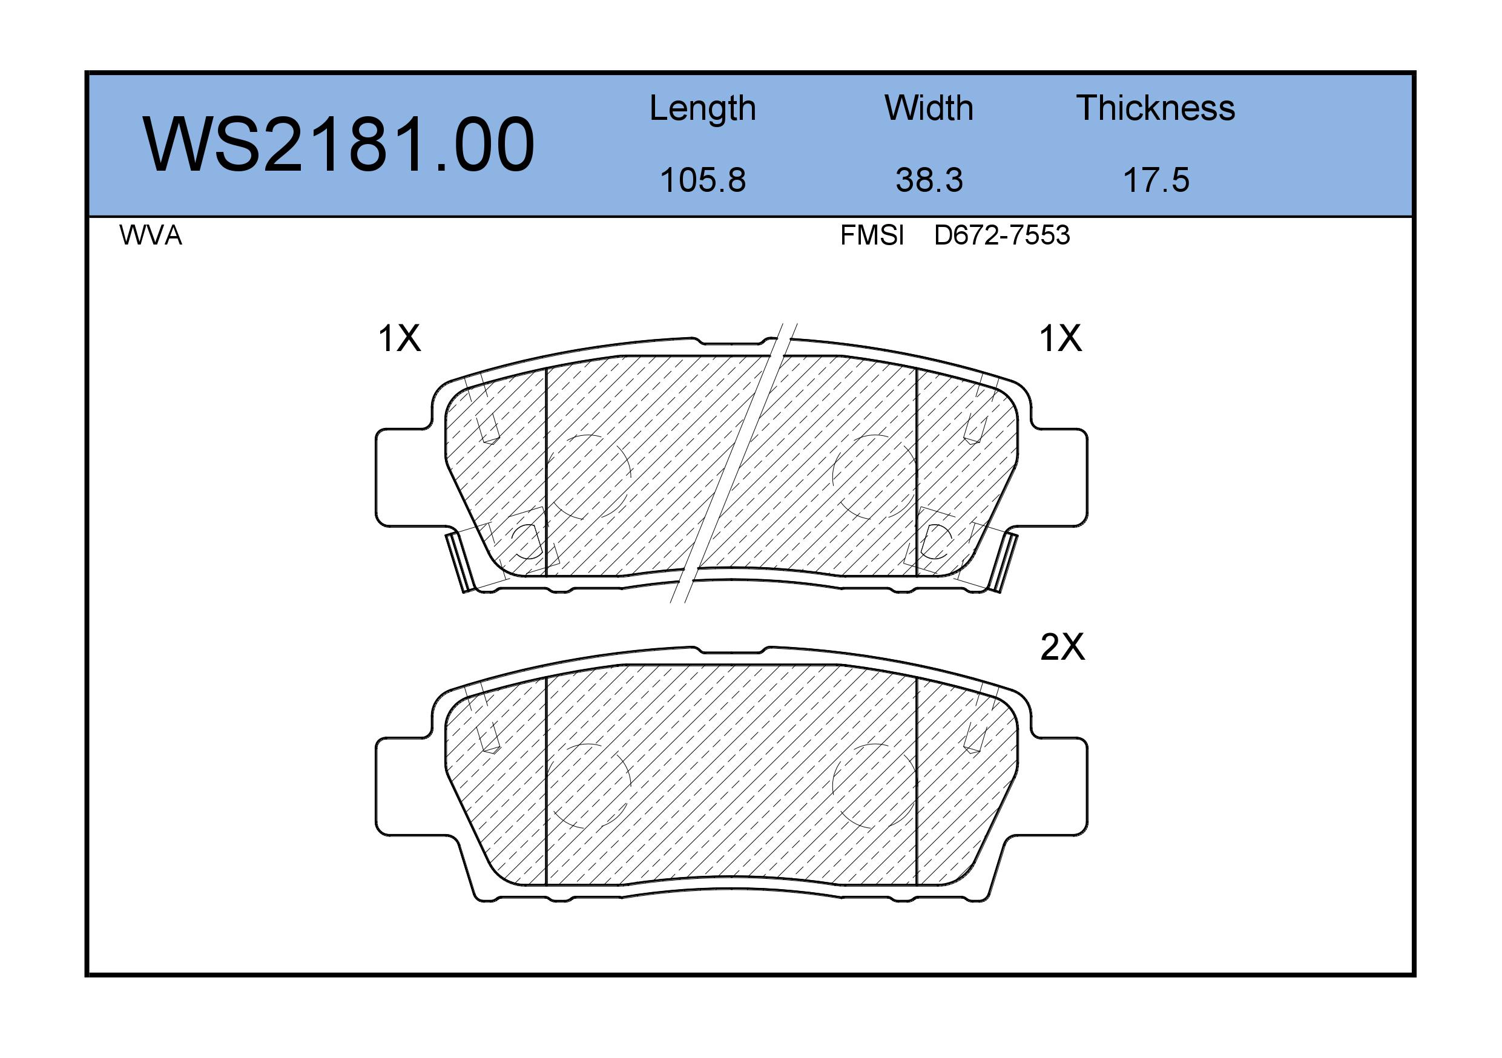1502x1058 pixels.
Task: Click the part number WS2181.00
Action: [338, 145]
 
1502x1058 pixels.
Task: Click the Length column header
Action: [703, 108]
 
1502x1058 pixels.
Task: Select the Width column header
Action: [928, 108]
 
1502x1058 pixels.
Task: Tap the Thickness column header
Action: [1155, 108]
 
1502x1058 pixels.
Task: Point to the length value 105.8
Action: [703, 180]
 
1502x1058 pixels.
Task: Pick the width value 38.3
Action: [929, 180]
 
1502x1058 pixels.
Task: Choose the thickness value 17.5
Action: [1156, 180]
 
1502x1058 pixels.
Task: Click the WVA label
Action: [151, 235]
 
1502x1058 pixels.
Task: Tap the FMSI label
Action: [872, 235]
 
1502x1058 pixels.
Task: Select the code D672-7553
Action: [1001, 235]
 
